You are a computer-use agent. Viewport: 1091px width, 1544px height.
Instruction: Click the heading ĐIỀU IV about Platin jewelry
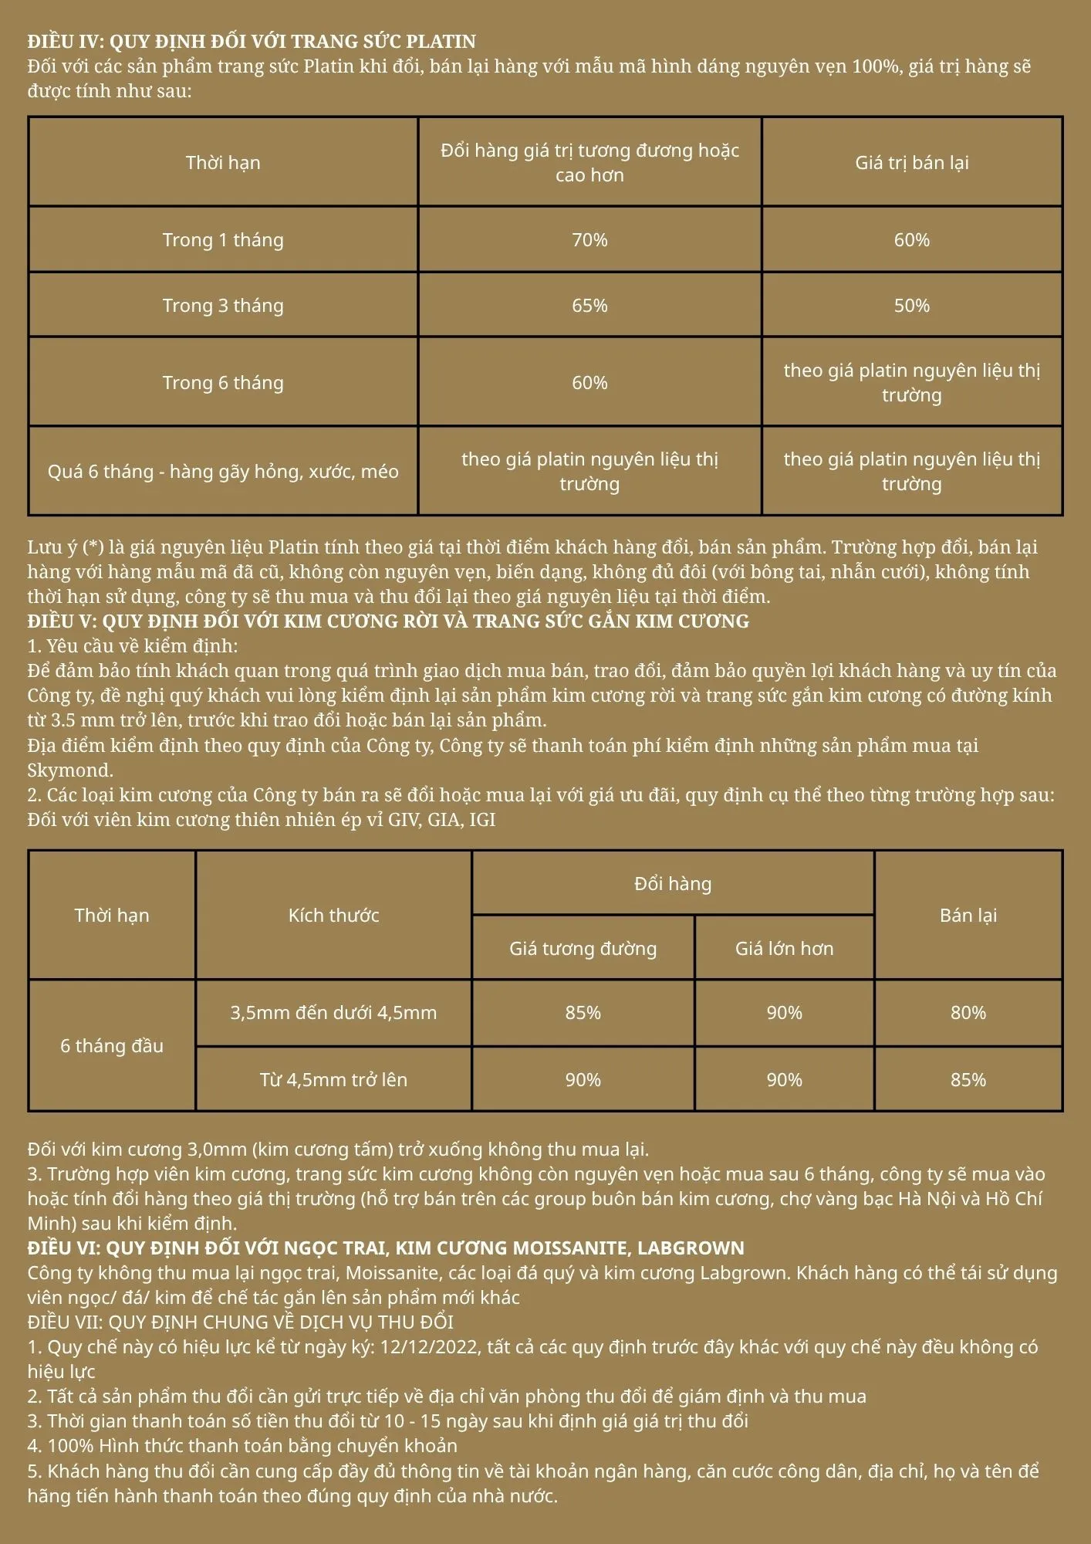click(252, 42)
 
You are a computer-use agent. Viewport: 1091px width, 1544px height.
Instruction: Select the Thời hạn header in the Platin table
click(223, 163)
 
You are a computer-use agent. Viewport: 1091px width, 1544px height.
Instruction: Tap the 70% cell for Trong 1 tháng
click(589, 240)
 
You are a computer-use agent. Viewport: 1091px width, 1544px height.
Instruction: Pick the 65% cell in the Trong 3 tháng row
click(589, 306)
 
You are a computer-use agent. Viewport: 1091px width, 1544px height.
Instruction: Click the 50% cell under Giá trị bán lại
click(911, 306)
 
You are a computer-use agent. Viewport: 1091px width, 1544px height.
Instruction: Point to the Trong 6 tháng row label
click(223, 383)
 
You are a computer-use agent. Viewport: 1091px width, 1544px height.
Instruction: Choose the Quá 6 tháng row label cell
click(223, 472)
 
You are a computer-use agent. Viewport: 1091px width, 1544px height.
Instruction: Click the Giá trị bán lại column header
click(911, 163)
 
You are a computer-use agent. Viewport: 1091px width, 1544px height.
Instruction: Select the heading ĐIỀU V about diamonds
click(388, 621)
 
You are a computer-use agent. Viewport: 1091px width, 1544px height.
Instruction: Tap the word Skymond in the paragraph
click(69, 770)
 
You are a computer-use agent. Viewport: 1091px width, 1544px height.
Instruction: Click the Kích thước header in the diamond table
click(333, 916)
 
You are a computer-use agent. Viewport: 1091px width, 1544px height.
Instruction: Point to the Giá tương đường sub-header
click(583, 949)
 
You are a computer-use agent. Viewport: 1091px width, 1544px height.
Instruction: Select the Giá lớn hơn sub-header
click(784, 949)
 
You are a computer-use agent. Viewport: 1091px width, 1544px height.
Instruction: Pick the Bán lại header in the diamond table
click(968, 916)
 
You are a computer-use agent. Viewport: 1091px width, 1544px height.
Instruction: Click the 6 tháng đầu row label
click(112, 1046)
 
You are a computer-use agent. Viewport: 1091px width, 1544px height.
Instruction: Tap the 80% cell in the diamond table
click(968, 1013)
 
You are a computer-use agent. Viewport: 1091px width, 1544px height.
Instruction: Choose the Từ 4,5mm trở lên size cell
click(333, 1080)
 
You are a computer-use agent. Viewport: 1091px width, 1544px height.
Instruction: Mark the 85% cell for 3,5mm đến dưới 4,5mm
click(583, 1013)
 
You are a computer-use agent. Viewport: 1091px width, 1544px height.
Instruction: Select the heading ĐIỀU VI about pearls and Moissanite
click(386, 1248)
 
